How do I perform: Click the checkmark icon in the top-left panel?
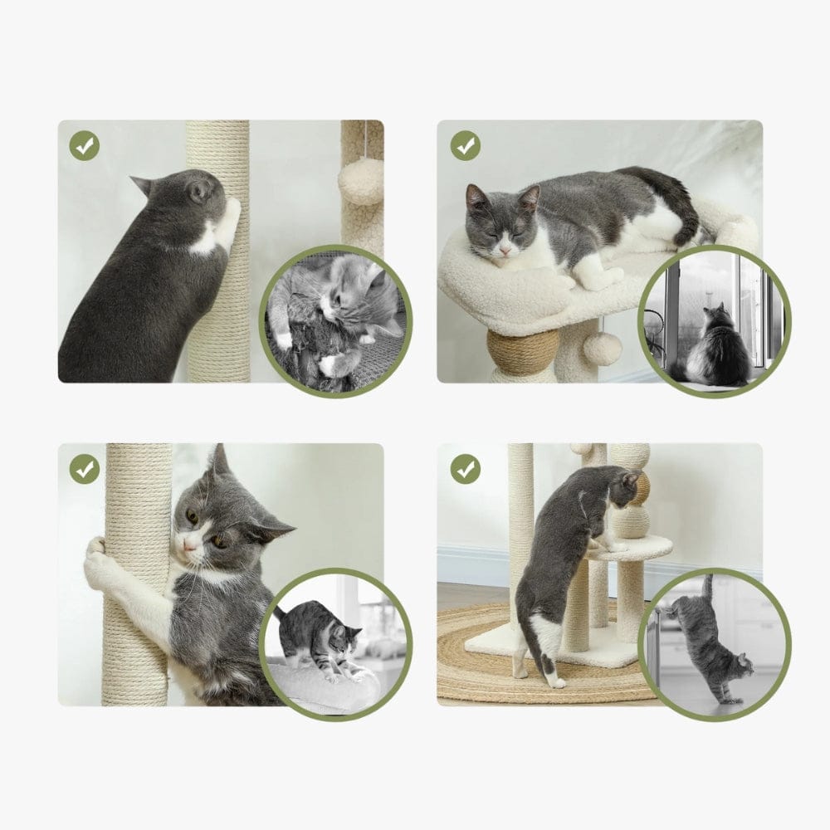pyautogui.click(x=84, y=147)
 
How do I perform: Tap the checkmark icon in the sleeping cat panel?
pyautogui.click(x=465, y=146)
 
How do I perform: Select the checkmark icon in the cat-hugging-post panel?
pyautogui.click(x=84, y=469)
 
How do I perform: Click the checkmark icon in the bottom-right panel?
pyautogui.click(x=465, y=469)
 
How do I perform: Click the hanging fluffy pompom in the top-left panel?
pyautogui.click(x=360, y=181)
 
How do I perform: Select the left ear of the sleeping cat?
pyautogui.click(x=475, y=196)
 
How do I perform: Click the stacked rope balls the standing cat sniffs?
pyautogui.click(x=633, y=498)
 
